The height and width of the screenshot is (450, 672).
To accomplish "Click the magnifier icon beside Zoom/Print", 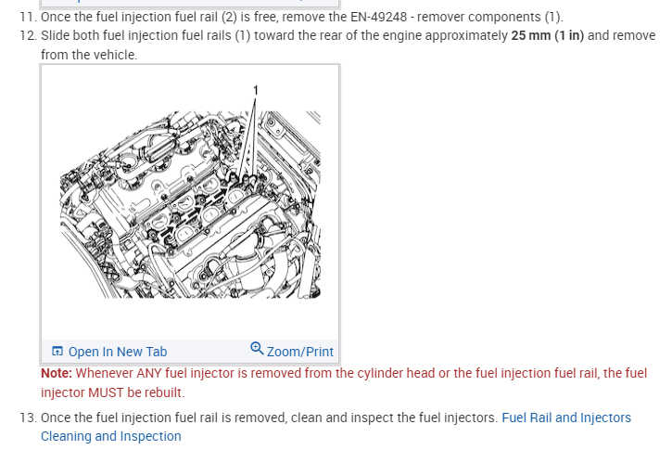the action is click(257, 348).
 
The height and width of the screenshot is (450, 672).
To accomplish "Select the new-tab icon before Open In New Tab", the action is click(57, 352).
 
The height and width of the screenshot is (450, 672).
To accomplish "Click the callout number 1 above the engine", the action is click(256, 90).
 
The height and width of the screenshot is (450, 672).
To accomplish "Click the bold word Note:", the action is click(57, 373).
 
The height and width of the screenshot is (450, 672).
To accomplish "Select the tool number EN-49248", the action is click(378, 17).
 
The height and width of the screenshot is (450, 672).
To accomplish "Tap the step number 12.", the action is click(29, 35).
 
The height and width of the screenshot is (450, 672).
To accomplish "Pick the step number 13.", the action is click(29, 418).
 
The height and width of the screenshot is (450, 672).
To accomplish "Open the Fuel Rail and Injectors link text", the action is click(566, 418).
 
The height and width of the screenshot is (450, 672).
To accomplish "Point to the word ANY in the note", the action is click(148, 373).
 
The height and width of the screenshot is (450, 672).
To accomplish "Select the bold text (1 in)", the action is click(569, 35).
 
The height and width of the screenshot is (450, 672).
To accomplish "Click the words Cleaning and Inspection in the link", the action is click(111, 436).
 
